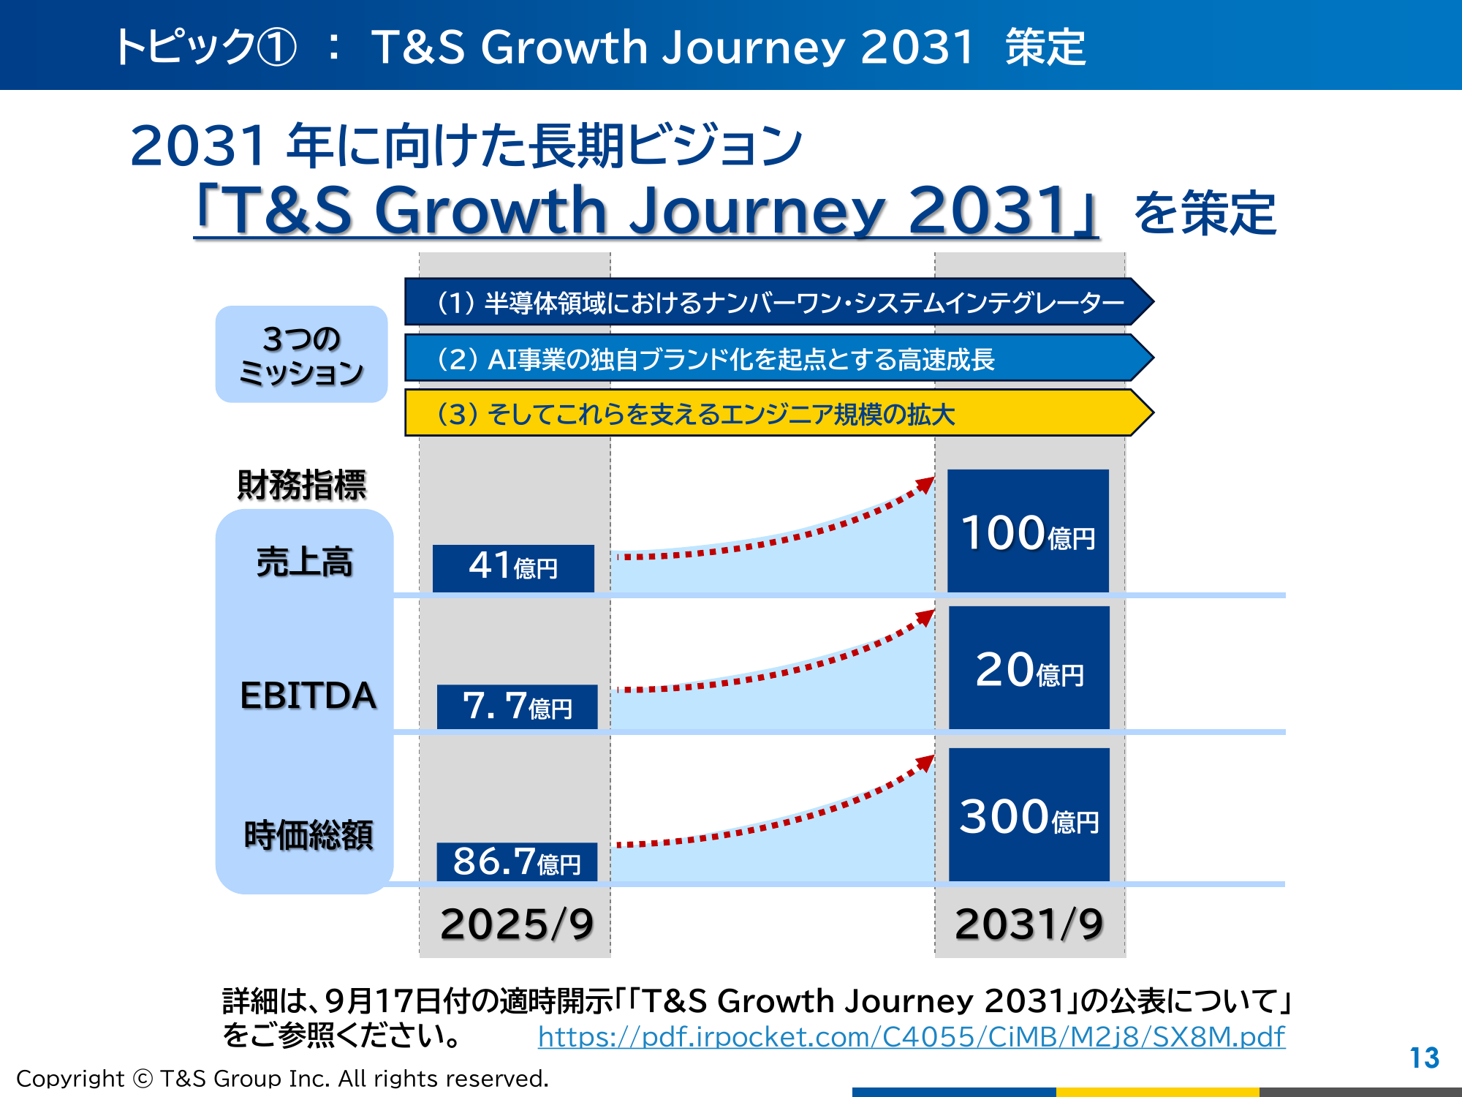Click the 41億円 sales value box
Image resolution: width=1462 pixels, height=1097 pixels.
[x=513, y=568]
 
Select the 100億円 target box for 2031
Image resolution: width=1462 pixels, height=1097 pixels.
[x=1028, y=531]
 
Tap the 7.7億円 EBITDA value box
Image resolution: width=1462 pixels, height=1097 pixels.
[x=517, y=706]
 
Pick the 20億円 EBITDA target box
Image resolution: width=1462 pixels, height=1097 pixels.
[x=1029, y=668]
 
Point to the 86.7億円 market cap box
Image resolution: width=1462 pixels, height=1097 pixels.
[x=517, y=862]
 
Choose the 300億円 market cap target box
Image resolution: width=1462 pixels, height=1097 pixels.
[x=1029, y=815]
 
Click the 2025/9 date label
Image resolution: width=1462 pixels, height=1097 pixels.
[x=516, y=924]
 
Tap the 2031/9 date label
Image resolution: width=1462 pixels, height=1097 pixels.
[x=1029, y=924]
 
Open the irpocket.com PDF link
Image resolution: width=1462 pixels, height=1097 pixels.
[x=911, y=1037]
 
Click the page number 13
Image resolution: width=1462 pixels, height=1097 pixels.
[x=1424, y=1058]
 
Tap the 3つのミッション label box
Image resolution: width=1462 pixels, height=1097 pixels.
[x=301, y=355]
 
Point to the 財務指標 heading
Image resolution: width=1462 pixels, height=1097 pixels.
[x=301, y=485]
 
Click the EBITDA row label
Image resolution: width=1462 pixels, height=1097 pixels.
[x=308, y=695]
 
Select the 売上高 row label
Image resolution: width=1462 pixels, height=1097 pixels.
[x=304, y=562]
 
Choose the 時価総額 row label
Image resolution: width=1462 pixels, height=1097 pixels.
[x=308, y=835]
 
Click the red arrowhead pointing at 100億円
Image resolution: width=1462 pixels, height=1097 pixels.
[x=926, y=485]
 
